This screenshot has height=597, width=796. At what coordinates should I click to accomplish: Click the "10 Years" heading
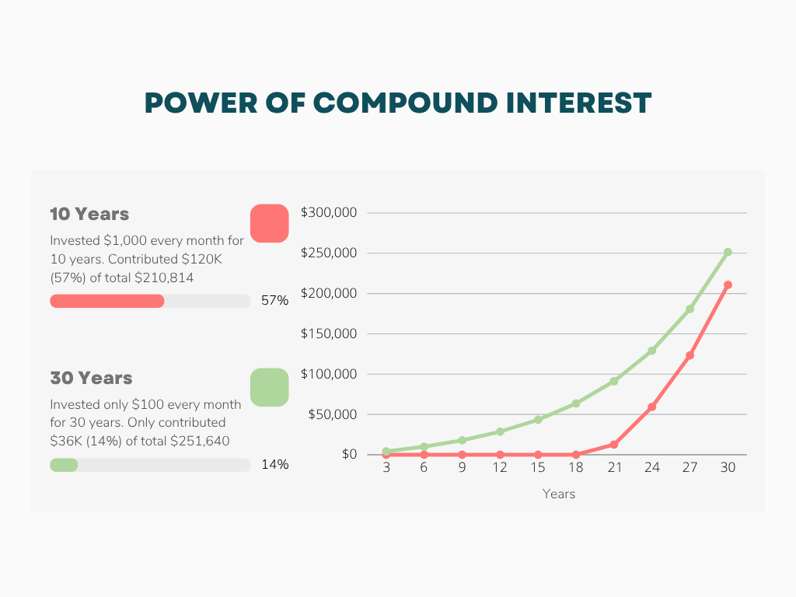[x=89, y=214]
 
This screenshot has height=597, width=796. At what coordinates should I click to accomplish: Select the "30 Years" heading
[x=91, y=379]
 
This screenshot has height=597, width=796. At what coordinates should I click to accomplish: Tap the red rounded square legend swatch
[x=270, y=223]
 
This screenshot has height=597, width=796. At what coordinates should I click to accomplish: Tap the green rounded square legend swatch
[x=270, y=387]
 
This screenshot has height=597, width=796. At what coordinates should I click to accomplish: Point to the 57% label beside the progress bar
[x=274, y=301]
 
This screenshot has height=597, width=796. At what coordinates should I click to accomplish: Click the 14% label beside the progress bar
[x=274, y=465]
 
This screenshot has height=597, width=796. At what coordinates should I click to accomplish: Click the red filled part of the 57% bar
[x=107, y=301]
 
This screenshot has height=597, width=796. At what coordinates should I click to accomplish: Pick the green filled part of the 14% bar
[x=64, y=465]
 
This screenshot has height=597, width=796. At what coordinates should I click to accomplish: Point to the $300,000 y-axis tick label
[x=328, y=213]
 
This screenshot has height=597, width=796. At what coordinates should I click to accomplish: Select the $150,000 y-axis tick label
[x=328, y=334]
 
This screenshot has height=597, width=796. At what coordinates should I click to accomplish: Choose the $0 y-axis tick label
[x=349, y=455]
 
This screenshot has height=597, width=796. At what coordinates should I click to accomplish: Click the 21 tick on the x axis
[x=614, y=468]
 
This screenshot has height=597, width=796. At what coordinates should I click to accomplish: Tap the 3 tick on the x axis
[x=386, y=468]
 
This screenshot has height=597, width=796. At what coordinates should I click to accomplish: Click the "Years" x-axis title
[x=558, y=494]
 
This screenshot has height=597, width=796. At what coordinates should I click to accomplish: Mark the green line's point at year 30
[x=728, y=252]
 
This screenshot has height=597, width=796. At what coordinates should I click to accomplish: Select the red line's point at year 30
[x=728, y=285]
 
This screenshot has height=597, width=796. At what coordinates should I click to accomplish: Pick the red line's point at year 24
[x=651, y=407]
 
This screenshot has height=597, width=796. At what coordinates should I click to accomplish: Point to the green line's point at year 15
[x=538, y=420]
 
